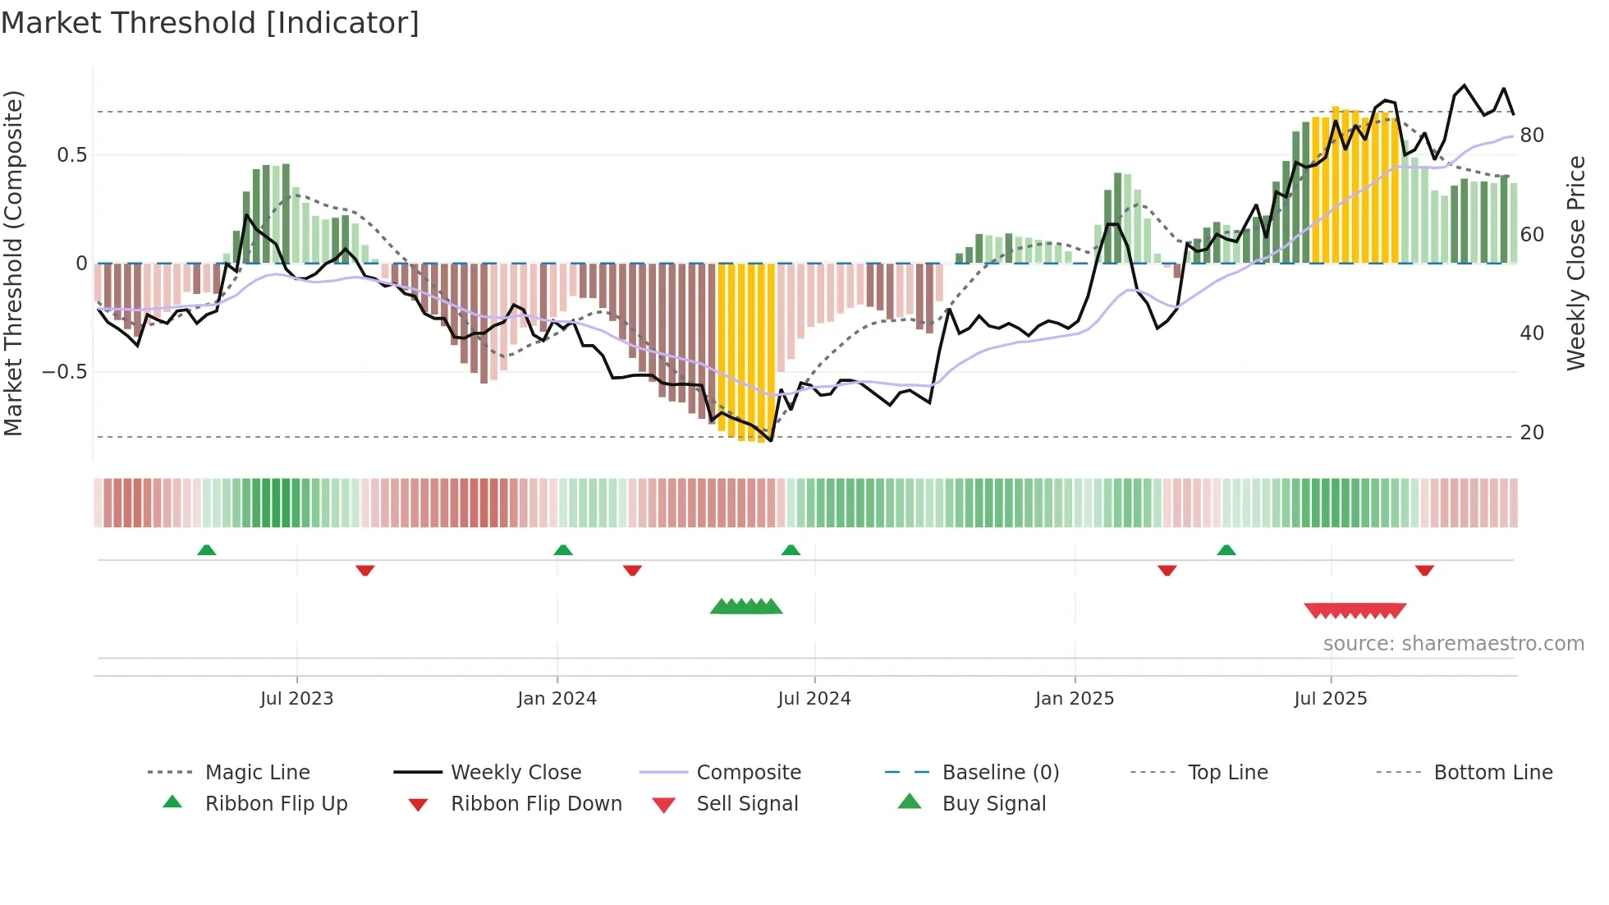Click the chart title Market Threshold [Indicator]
(x=210, y=23)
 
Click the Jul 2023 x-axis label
(x=296, y=699)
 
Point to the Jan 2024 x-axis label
(x=557, y=699)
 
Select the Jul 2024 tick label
(x=814, y=699)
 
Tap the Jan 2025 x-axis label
(x=1074, y=699)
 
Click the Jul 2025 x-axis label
(x=1330, y=699)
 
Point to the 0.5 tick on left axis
(x=71, y=155)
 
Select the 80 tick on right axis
(x=1532, y=136)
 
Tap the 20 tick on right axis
(x=1532, y=433)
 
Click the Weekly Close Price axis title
(x=1575, y=263)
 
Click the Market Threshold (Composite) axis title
(x=13, y=263)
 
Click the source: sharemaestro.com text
(x=1453, y=644)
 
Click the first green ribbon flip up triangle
(x=207, y=550)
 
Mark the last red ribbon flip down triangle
(x=1424, y=570)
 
